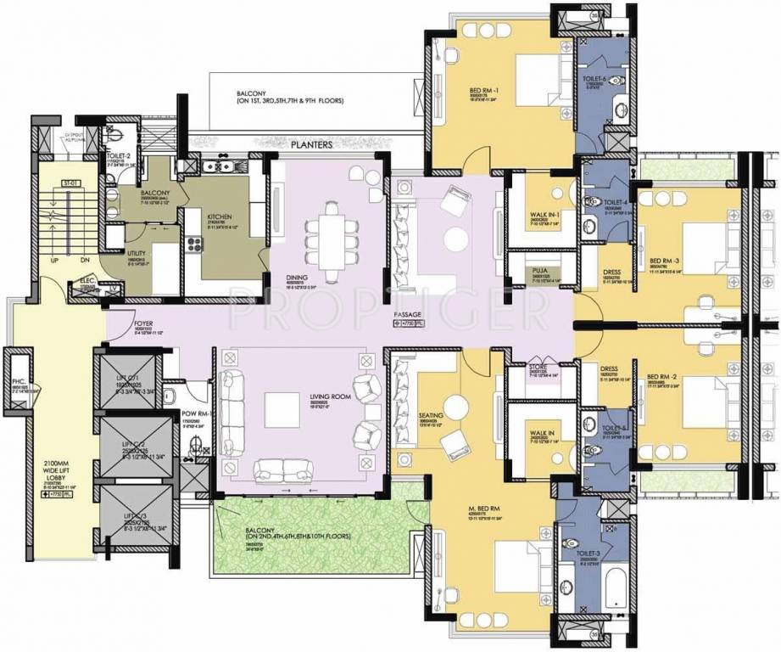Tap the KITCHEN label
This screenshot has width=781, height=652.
tap(220, 216)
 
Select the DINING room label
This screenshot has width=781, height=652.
tap(297, 277)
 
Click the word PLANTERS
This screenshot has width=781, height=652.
tap(310, 145)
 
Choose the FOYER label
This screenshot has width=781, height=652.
tap(143, 324)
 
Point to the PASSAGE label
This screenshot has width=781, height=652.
tap(408, 314)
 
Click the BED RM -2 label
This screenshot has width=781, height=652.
tap(659, 375)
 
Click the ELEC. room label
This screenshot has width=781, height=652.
tap(87, 280)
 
